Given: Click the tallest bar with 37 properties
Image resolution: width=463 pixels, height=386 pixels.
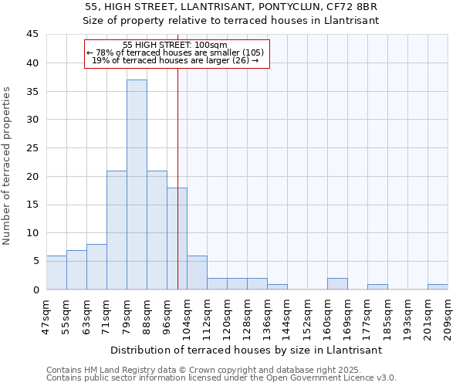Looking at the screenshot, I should [x=137, y=185].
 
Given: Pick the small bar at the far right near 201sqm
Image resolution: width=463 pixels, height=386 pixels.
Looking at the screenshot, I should [x=438, y=287].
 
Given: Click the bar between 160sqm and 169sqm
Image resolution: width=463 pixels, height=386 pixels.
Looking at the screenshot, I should [x=337, y=284].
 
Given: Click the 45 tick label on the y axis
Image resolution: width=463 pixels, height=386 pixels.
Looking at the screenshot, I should [x=32, y=35].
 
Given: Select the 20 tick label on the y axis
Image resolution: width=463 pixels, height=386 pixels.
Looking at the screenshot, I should [x=32, y=176].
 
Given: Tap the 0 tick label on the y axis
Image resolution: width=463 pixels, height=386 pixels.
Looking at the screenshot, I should [x=35, y=289].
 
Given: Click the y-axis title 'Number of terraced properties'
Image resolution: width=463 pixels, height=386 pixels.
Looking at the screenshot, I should [x=8, y=166].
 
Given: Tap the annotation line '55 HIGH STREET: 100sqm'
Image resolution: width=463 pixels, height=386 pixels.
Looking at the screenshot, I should [x=175, y=45].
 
